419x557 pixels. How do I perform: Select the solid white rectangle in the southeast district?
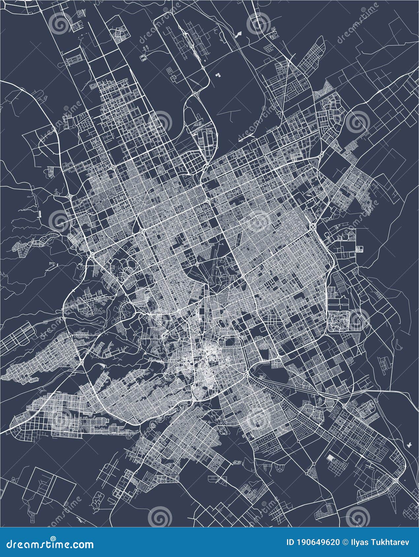[330, 458]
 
